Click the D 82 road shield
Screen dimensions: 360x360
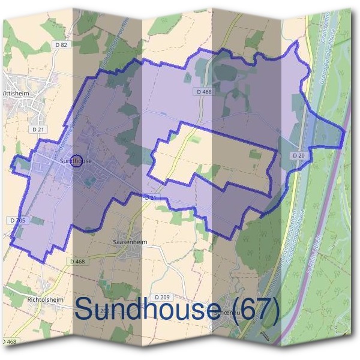click(x=61, y=44)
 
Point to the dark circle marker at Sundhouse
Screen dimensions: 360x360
click(x=76, y=160)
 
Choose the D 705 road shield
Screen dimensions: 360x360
click(x=19, y=221)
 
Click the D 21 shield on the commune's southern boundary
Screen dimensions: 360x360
click(x=150, y=197)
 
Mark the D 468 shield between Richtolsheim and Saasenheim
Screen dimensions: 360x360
click(x=77, y=261)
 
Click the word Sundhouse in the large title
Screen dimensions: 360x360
click(x=146, y=310)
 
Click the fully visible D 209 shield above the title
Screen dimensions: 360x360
click(x=162, y=296)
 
